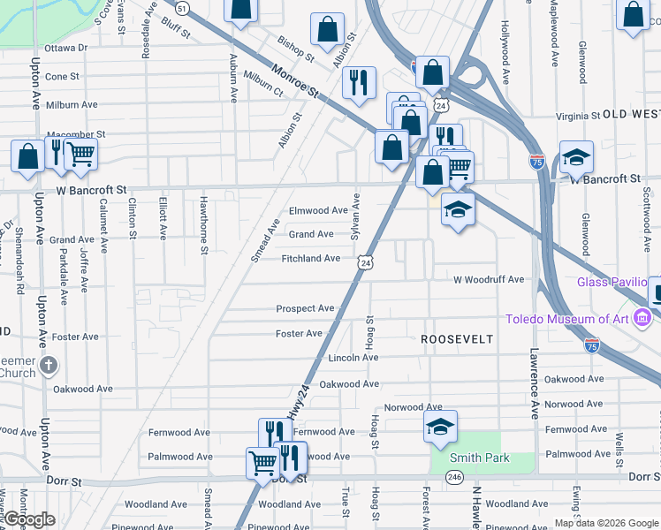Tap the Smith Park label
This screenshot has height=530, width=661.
[x=467, y=458]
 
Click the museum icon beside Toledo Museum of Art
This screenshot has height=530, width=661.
[x=643, y=316]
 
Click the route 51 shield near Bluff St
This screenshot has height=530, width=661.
[x=182, y=8]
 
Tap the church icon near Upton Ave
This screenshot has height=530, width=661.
[x=49, y=364]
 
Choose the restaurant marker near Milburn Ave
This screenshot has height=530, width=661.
[x=359, y=83]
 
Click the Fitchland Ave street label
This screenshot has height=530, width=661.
[x=310, y=259]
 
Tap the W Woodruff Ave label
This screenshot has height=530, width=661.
[x=488, y=279]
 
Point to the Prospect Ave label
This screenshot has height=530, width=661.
[x=305, y=308]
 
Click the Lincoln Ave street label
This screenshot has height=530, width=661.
[x=353, y=358]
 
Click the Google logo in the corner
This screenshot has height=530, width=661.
[x=28, y=519]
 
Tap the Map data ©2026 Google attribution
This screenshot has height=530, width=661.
[x=606, y=523]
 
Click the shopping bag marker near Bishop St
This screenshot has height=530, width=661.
[x=327, y=28]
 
